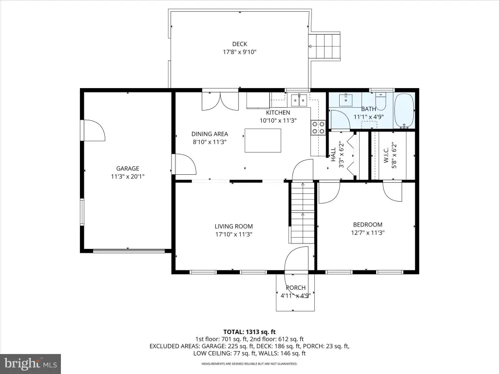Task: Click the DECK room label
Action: (240, 44)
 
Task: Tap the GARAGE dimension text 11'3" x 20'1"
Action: (128, 176)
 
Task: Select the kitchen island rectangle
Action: (263, 141)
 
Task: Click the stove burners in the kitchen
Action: (318, 127)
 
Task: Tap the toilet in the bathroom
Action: (381, 101)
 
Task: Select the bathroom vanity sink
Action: (345, 100)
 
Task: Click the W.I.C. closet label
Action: (386, 155)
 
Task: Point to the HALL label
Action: (333, 154)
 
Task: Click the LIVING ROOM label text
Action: (233, 226)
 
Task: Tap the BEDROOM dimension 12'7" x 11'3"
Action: (368, 232)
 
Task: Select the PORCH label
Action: (296, 287)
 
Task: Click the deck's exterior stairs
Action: (325, 46)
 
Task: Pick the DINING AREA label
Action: (210, 134)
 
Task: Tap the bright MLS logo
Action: (31, 364)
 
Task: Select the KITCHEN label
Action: (278, 112)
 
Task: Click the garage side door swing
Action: (94, 130)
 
